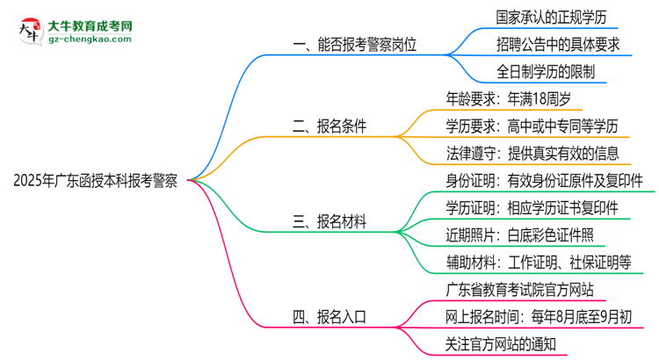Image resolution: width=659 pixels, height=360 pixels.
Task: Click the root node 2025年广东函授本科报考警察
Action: pos(96,182)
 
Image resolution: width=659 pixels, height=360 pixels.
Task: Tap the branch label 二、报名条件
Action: pos(329,126)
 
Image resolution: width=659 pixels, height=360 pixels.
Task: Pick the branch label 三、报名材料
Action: pos(329,221)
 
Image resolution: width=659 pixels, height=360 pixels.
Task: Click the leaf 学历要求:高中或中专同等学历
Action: pos(537,126)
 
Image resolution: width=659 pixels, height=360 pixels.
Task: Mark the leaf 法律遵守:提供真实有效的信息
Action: pos(537,154)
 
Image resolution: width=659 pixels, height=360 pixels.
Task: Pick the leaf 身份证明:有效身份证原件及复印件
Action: pos(544,181)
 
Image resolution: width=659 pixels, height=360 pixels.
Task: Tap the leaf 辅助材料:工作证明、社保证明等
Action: pos(544,263)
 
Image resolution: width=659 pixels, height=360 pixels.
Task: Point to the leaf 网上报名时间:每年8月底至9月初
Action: pos(539,316)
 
